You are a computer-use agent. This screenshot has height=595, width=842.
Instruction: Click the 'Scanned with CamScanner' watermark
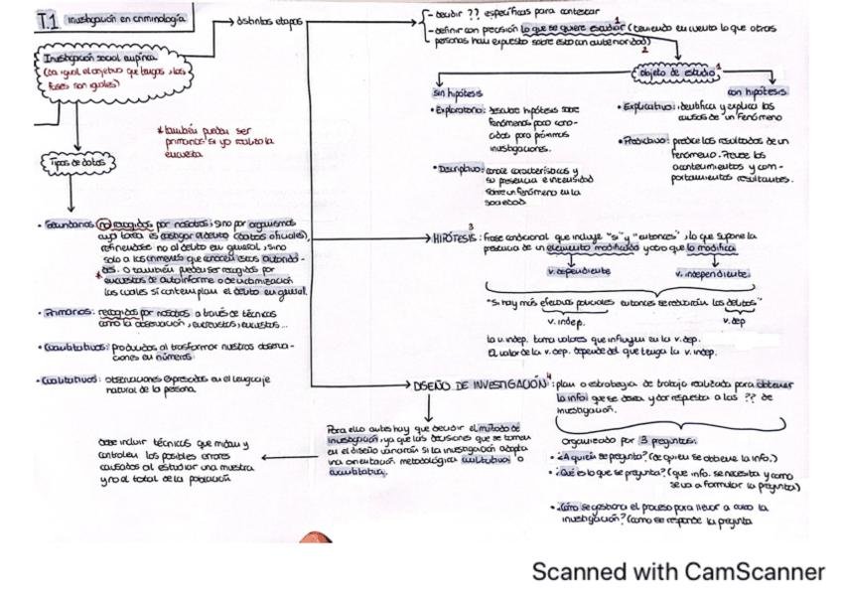(678, 571)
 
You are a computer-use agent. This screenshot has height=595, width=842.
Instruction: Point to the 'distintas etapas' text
(271, 21)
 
